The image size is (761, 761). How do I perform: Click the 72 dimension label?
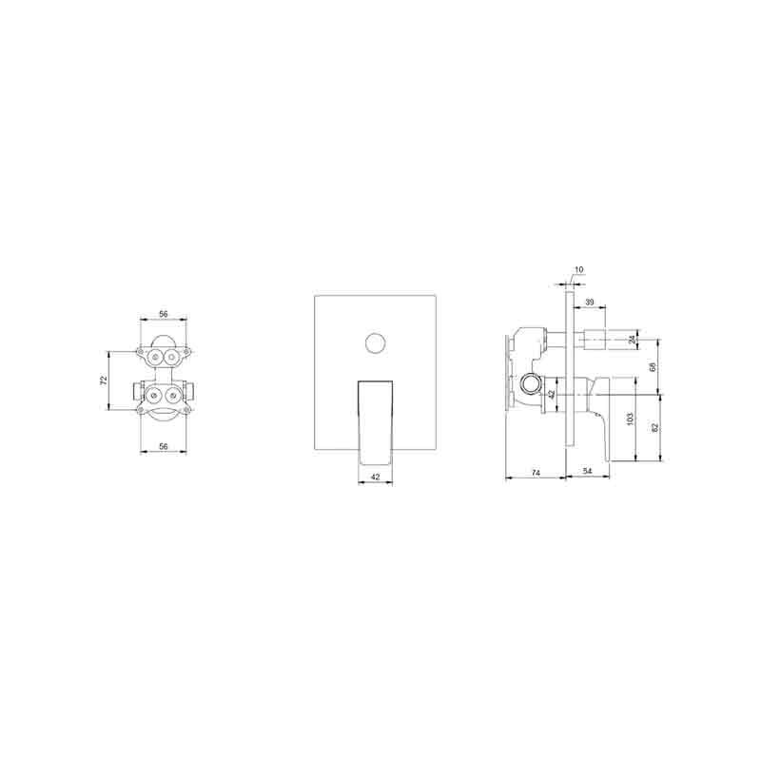pyautogui.click(x=103, y=380)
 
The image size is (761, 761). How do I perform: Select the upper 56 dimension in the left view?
pyautogui.click(x=163, y=314)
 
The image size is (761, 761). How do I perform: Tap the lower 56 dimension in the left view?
pyautogui.click(x=164, y=446)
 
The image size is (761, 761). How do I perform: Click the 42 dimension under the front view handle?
pyautogui.click(x=375, y=477)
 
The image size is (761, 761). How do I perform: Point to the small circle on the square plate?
pyautogui.click(x=375, y=343)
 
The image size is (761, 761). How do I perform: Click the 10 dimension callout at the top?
pyautogui.click(x=579, y=270)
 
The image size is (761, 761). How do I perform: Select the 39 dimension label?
pyautogui.click(x=589, y=302)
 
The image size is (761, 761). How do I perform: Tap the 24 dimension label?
pyautogui.click(x=632, y=340)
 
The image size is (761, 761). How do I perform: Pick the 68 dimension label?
pyautogui.click(x=653, y=367)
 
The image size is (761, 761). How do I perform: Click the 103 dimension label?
pyautogui.click(x=630, y=419)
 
